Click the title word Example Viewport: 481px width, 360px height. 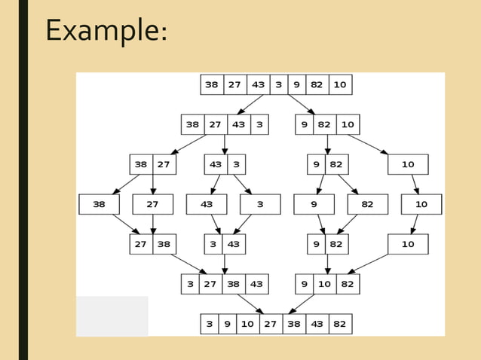coord(106,30)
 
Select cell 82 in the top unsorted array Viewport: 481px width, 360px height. coord(317,84)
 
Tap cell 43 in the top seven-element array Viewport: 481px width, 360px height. coord(259,84)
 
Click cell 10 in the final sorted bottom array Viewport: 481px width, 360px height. coord(247,324)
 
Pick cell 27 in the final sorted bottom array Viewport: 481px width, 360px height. coord(270,324)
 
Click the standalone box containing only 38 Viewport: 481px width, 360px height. coord(99,204)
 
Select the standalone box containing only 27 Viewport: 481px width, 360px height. coord(152,204)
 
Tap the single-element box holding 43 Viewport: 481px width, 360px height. coord(207,204)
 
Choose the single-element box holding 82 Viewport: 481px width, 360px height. coord(367,204)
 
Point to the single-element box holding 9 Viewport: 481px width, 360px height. coord(314,204)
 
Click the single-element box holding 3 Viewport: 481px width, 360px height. coord(260,204)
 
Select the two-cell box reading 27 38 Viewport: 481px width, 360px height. coord(152,244)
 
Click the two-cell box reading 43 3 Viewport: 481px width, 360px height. coord(225,164)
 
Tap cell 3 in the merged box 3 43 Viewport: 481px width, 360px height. coord(214,244)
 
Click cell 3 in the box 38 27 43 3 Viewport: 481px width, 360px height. coord(259,124)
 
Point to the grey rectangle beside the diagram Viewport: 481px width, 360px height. coord(112,316)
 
